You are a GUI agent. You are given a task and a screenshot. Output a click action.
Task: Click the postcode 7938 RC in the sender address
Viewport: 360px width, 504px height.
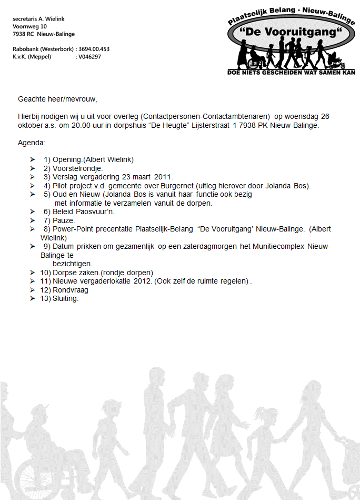tap(23, 34)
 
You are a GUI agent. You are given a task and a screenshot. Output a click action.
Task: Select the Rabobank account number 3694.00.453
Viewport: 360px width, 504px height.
tap(94, 49)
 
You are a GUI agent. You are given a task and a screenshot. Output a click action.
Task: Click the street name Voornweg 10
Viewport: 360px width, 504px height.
tap(30, 26)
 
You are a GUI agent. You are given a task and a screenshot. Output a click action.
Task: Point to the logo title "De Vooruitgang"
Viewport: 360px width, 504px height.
tap(291, 33)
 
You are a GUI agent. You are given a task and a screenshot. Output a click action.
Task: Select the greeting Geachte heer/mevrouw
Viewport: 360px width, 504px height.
tap(58, 98)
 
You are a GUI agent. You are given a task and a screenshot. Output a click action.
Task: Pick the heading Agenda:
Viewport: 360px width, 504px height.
tap(32, 143)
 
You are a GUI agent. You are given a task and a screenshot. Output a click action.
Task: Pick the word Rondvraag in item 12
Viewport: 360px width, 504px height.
tap(71, 290)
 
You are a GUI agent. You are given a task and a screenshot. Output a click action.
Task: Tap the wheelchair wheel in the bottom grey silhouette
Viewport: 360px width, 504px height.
tap(29, 476)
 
